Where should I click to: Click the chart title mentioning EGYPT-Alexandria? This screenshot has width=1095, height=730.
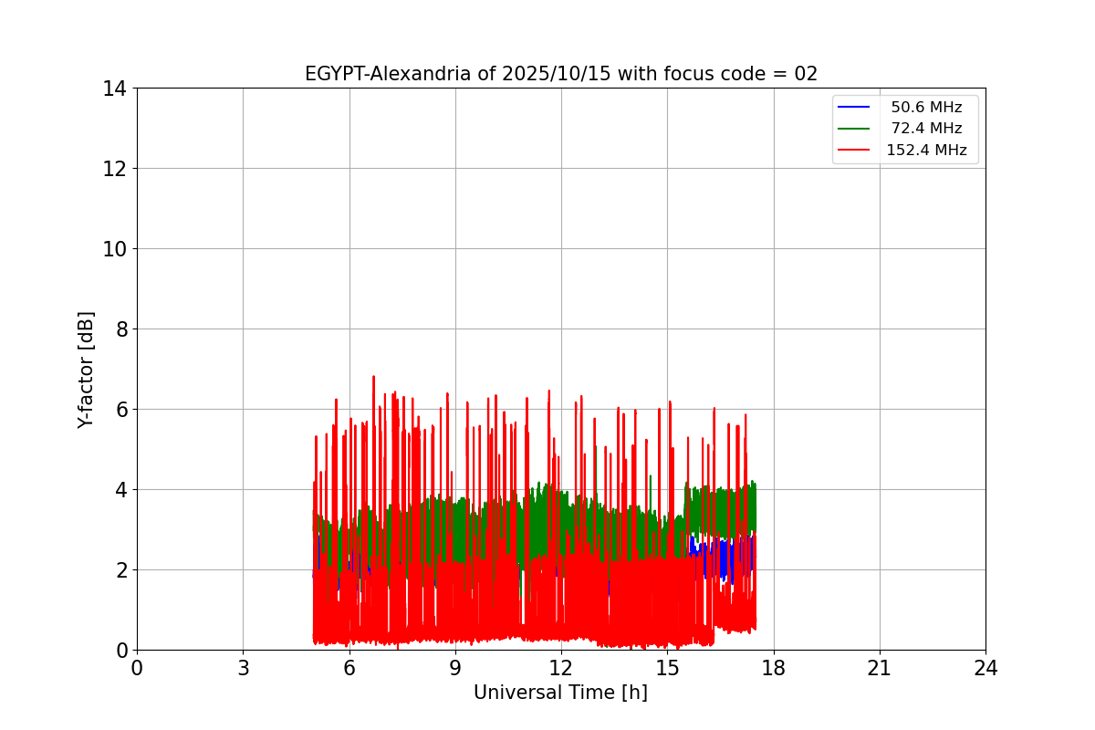click(x=560, y=74)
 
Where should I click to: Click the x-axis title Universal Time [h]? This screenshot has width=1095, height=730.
click(x=560, y=693)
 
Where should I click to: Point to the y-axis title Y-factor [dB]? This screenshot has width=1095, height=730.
click(x=86, y=370)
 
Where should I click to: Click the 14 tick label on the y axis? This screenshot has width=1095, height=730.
click(x=114, y=89)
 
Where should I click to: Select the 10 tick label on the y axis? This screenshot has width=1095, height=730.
click(x=114, y=249)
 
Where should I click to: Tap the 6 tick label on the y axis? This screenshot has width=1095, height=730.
click(x=120, y=410)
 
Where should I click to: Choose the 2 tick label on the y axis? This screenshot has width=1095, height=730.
click(x=120, y=570)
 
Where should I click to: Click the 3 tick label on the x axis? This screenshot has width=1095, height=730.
click(x=243, y=668)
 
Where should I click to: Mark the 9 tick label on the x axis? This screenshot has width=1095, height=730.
click(x=455, y=668)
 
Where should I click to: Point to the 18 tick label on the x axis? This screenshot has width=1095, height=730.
click(x=773, y=668)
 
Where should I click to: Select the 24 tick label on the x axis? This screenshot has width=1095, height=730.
click(x=985, y=668)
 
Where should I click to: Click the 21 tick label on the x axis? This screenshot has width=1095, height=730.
click(x=880, y=668)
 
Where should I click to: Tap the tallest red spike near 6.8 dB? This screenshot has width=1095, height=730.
click(x=373, y=377)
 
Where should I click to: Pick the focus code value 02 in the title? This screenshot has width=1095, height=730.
click(x=806, y=74)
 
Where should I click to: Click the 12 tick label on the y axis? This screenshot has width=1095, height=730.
click(x=114, y=169)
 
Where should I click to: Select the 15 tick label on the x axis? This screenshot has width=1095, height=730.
click(x=667, y=668)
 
